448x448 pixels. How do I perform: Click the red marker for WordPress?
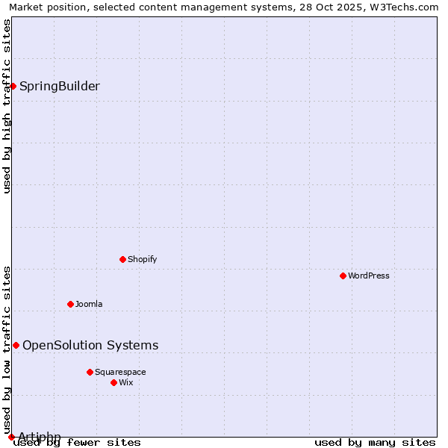[x=343, y=276]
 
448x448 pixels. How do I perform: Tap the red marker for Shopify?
[x=122, y=259]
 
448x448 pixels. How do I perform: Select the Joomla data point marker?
[x=70, y=304]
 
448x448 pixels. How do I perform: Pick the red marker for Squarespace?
[x=90, y=372]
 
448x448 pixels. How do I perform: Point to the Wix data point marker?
[x=113, y=382]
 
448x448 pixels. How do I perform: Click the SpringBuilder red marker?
[x=13, y=86]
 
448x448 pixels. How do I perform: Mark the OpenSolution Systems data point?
[x=16, y=345]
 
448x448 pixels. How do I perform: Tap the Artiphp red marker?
[x=11, y=437]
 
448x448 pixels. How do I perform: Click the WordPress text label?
[x=369, y=276]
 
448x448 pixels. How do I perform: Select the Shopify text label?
[x=142, y=259]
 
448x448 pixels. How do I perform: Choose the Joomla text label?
[x=89, y=304]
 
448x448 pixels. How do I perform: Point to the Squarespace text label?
[x=120, y=372]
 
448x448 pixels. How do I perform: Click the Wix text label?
[x=125, y=382]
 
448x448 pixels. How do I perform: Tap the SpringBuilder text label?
[x=60, y=86]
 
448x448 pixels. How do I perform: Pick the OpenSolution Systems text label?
[x=90, y=345]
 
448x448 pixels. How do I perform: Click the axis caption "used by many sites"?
[x=375, y=442]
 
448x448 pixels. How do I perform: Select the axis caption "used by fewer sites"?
[x=78, y=442]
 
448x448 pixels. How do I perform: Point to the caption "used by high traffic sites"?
[x=7, y=106]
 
